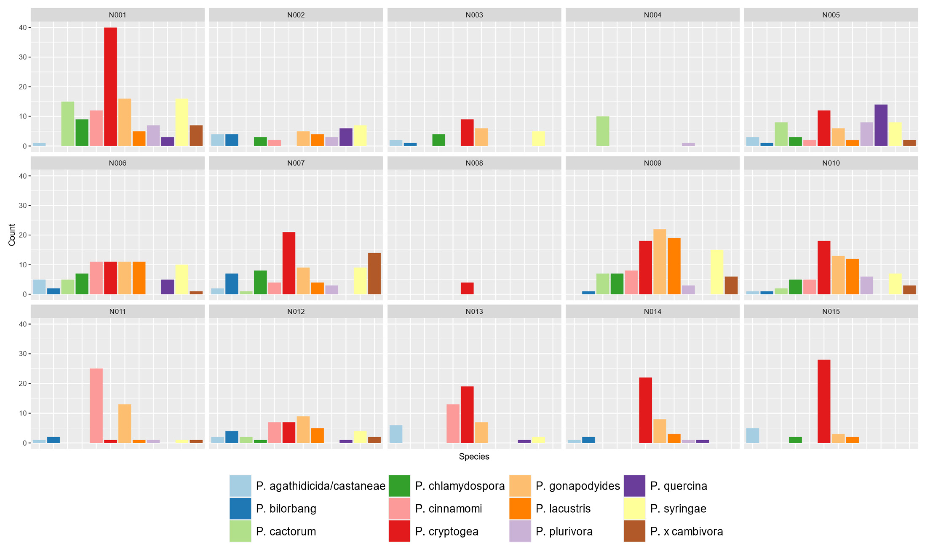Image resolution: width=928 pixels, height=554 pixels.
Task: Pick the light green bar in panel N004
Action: point(603,131)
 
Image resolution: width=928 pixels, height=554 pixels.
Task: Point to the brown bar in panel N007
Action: point(374,274)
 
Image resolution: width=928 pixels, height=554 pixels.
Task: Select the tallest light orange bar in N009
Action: point(660,262)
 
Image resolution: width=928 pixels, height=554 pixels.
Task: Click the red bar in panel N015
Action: point(824,401)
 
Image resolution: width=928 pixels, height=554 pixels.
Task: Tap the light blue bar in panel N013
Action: point(396,434)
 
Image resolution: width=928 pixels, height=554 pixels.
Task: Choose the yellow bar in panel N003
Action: point(538,138)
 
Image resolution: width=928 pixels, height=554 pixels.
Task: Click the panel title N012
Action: point(296,311)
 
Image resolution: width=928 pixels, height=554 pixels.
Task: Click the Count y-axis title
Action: point(12,235)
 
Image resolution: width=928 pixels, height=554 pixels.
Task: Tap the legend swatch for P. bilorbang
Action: point(240,509)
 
